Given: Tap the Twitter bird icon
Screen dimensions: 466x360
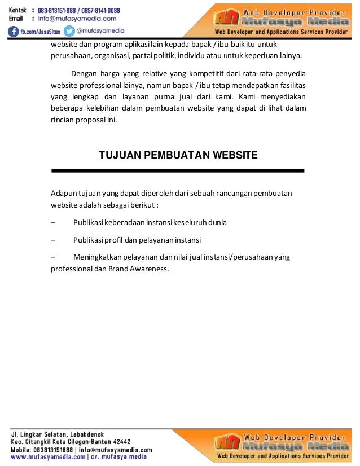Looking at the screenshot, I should pos(69,31).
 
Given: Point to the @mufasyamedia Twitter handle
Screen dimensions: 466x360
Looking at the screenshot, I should pos(100,31).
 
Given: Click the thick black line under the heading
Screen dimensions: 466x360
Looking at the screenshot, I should pos(178,170).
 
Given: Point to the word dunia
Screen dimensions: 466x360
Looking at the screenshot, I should pos(217,222).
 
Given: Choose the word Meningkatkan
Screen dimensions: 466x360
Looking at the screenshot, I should pos(99,257).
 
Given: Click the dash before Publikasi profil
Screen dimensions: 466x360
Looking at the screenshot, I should pos(53,240).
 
